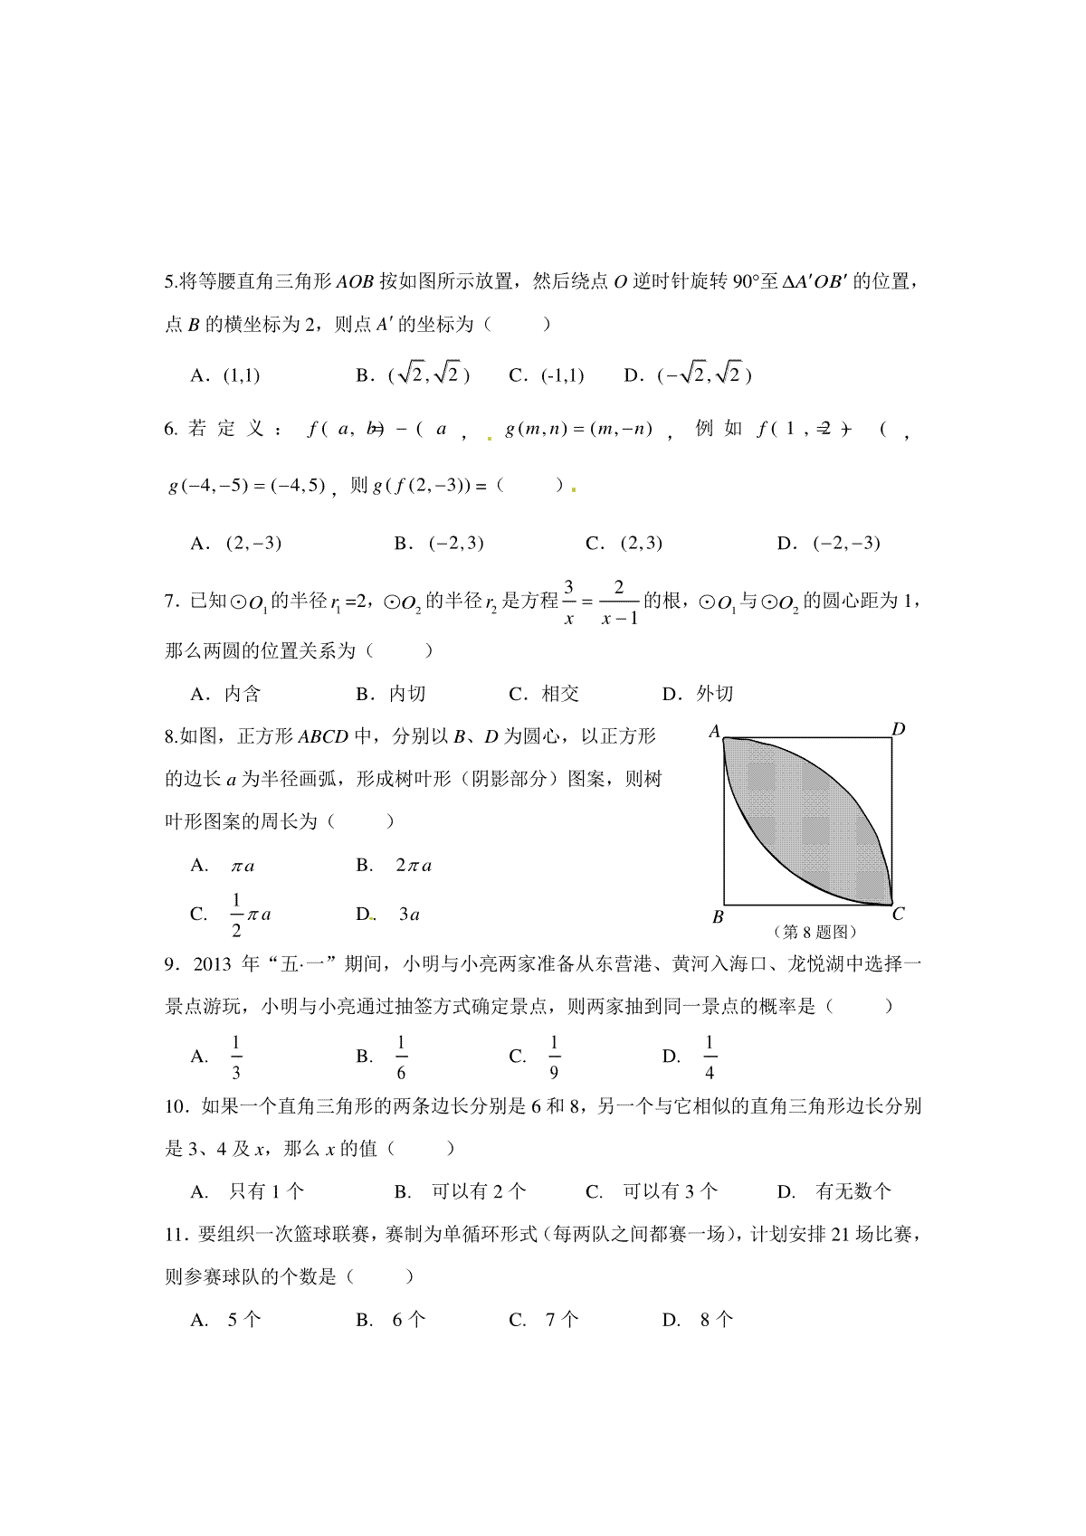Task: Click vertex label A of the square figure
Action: [x=714, y=731]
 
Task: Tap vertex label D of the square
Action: [x=898, y=729]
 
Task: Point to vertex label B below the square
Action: [x=718, y=916]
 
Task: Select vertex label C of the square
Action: [x=898, y=915]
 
